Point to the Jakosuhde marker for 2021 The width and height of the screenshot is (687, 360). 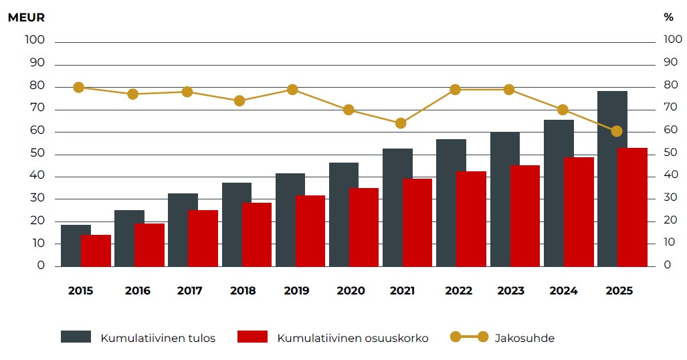click(401, 123)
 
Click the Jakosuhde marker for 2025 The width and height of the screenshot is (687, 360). click(616, 131)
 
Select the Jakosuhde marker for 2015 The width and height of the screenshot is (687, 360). click(79, 88)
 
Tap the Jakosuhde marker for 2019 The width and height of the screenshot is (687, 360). click(292, 90)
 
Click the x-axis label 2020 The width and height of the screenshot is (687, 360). click(351, 291)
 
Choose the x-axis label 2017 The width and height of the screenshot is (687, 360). click(191, 291)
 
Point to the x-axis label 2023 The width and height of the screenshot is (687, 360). click(511, 291)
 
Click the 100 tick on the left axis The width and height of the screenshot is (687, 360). click(35, 40)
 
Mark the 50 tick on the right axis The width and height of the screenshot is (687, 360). click(672, 153)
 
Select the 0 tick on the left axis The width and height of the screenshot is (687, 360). click(41, 266)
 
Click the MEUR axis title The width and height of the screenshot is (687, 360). click(26, 17)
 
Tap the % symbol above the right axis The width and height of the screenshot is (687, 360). click(668, 17)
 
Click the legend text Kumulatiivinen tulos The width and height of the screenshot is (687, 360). click(158, 338)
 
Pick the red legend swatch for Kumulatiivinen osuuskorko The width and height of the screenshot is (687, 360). click(252, 337)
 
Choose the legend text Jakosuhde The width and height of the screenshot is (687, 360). click(524, 338)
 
